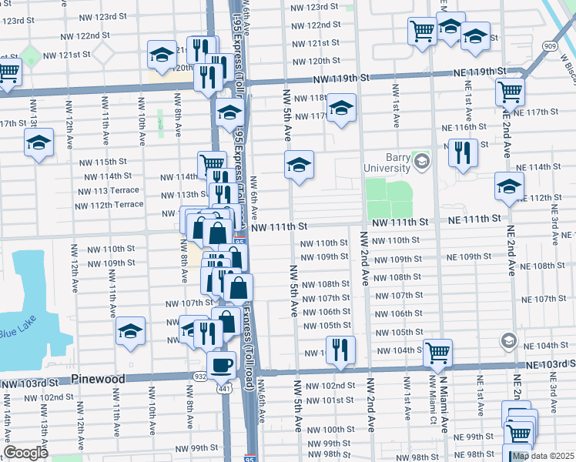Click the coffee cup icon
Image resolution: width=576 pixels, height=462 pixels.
coord(222,364)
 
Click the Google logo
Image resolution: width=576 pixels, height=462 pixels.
coord(25,453)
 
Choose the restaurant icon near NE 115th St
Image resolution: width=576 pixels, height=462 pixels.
coord(463,152)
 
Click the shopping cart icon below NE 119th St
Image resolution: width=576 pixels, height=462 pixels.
coord(511,92)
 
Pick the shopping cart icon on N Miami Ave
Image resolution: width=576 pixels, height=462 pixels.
coord(437,353)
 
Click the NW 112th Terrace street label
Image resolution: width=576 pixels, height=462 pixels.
coord(109,205)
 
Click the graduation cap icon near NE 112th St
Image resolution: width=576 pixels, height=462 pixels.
coord(509,186)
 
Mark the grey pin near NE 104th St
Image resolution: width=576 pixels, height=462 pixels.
coord(508,340)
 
